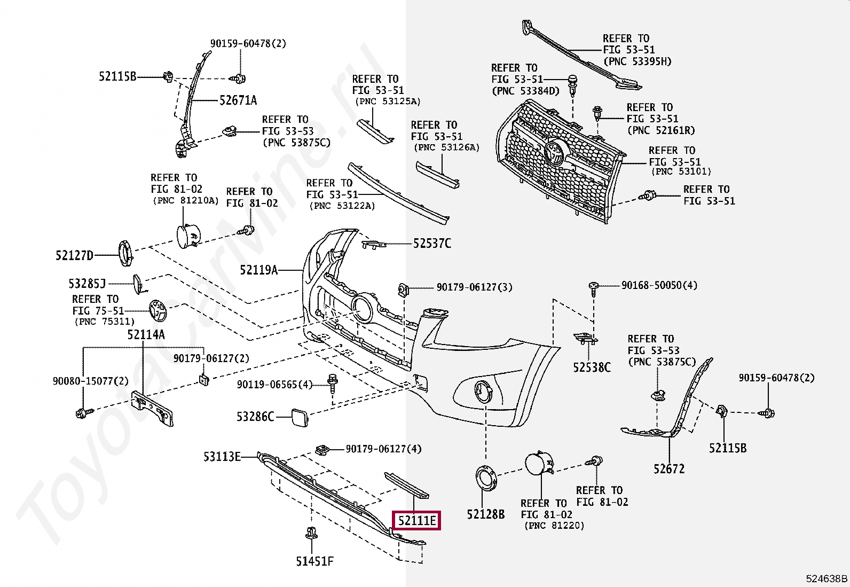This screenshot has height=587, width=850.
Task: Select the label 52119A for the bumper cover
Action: pyautogui.click(x=259, y=270)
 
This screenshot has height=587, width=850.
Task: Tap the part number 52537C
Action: pyautogui.click(x=432, y=244)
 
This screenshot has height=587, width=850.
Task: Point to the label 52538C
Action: pyautogui.click(x=592, y=367)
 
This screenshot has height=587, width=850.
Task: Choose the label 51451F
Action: pyautogui.click(x=315, y=561)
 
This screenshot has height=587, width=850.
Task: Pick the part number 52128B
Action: pyautogui.click(x=485, y=514)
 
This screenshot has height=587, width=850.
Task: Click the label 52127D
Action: pyautogui.click(x=74, y=256)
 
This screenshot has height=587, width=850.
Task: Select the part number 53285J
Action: pyautogui.click(x=87, y=284)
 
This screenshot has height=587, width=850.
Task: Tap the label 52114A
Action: pyautogui.click(x=146, y=335)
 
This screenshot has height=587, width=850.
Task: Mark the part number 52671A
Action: pyautogui.click(x=238, y=100)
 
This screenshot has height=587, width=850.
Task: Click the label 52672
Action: pyautogui.click(x=668, y=469)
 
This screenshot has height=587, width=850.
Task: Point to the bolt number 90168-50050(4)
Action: pyautogui.click(x=659, y=286)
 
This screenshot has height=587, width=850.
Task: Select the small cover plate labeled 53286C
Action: pyautogui.click(x=298, y=416)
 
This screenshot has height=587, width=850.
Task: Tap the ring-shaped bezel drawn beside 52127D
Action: pyautogui.click(x=127, y=254)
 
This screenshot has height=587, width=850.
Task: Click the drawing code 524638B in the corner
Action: pyautogui.click(x=826, y=578)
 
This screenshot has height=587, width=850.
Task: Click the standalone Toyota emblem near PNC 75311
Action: pyautogui.click(x=158, y=310)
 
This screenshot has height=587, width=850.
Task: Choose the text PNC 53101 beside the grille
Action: pyautogui.click(x=681, y=171)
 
